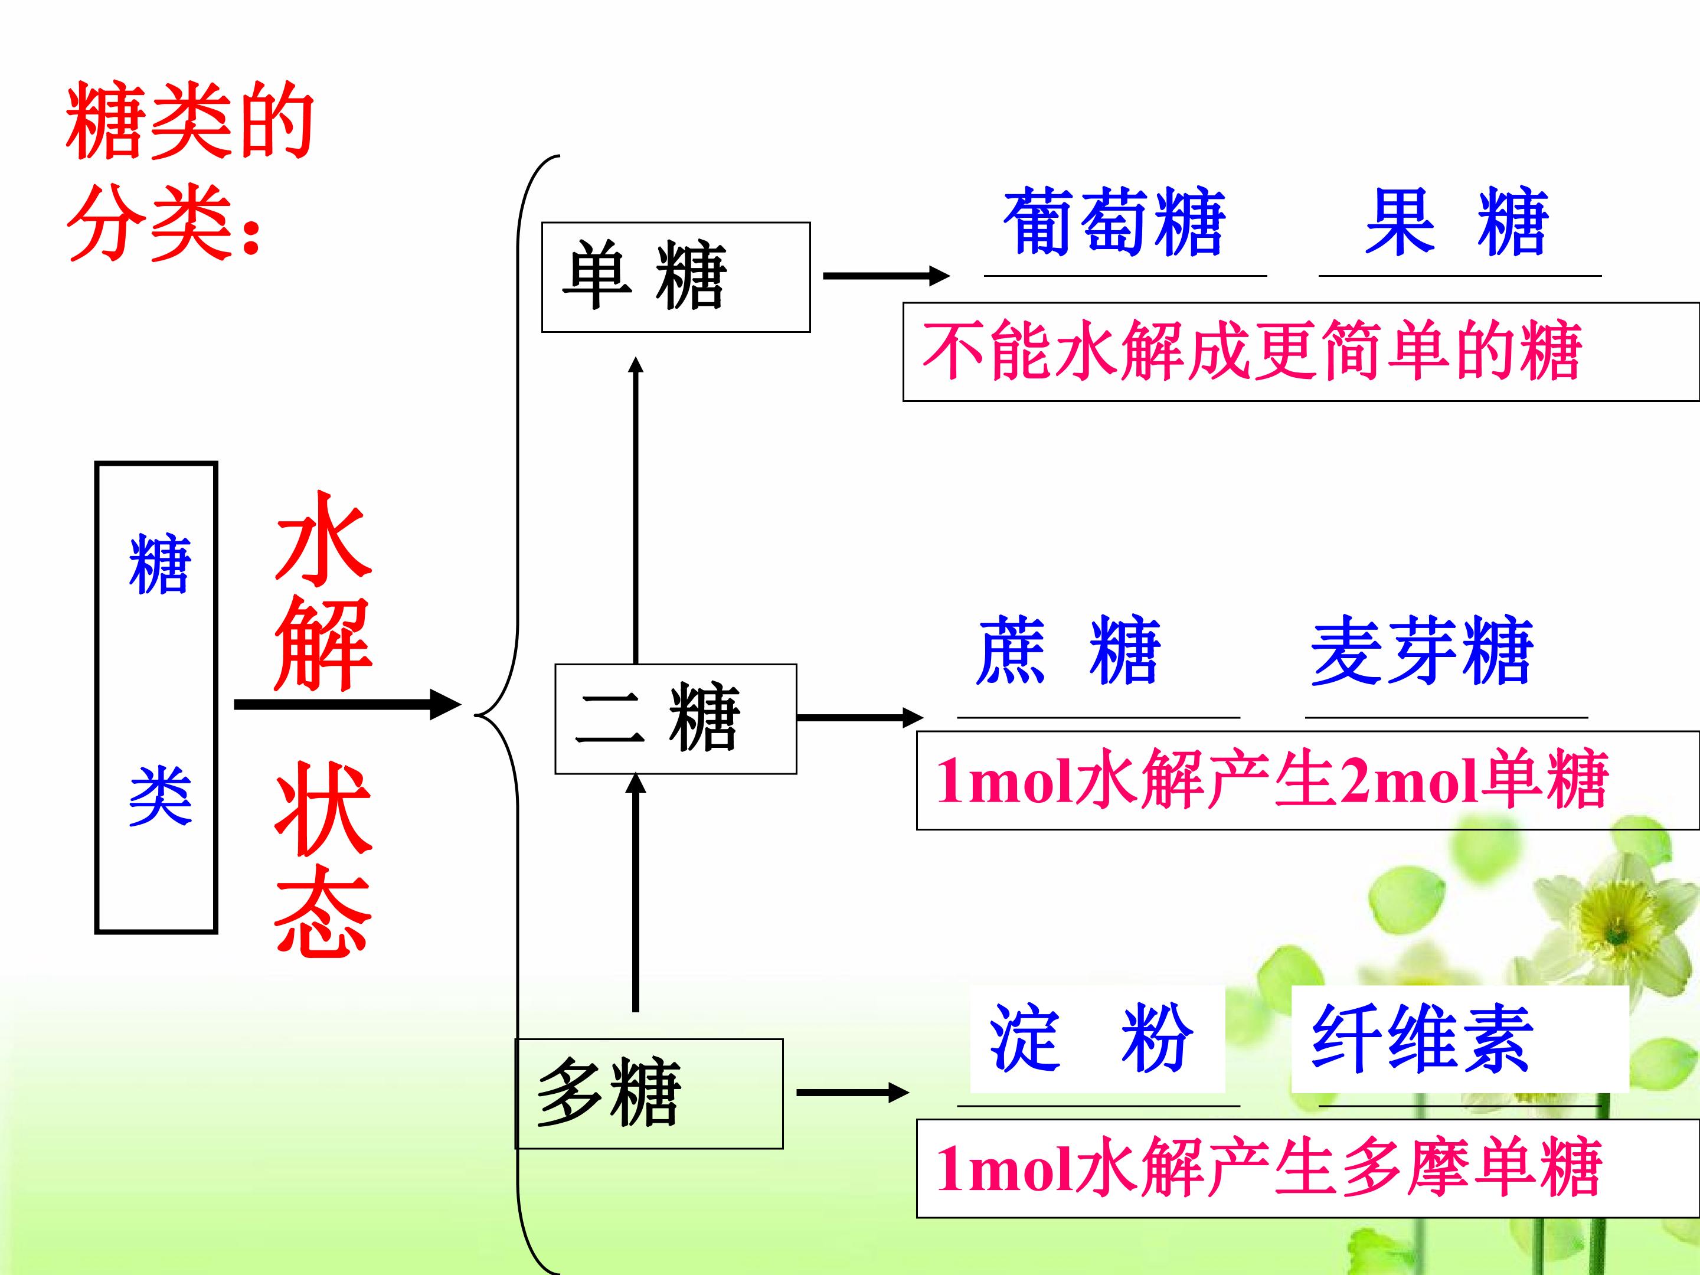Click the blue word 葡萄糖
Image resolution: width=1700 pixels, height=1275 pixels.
click(1114, 221)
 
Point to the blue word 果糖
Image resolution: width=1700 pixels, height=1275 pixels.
click(1456, 221)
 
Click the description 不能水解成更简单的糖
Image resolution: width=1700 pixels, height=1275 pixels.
click(1252, 351)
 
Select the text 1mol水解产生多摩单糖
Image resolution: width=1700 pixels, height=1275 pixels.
click(1268, 1168)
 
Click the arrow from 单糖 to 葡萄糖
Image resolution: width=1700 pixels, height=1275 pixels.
click(887, 275)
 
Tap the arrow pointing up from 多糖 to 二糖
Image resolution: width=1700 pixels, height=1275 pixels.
click(636, 892)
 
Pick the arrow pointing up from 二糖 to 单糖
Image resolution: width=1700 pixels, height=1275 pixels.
click(636, 511)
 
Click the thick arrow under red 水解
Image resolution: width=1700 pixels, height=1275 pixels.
click(347, 704)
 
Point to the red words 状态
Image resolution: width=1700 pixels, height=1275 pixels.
click(323, 859)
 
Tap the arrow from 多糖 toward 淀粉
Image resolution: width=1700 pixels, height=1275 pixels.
click(853, 1092)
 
